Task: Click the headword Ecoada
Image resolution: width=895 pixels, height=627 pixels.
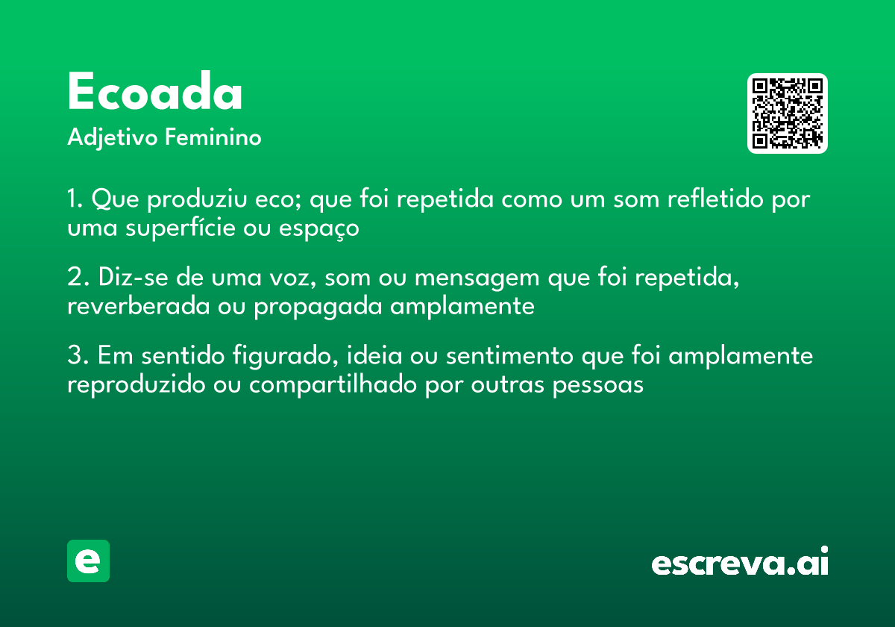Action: [155, 93]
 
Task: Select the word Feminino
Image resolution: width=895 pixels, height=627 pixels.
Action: [213, 138]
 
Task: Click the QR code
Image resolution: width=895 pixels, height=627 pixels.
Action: [788, 113]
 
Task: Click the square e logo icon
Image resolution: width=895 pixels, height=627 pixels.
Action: [88, 561]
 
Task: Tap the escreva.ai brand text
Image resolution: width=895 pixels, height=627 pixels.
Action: [740, 562]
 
